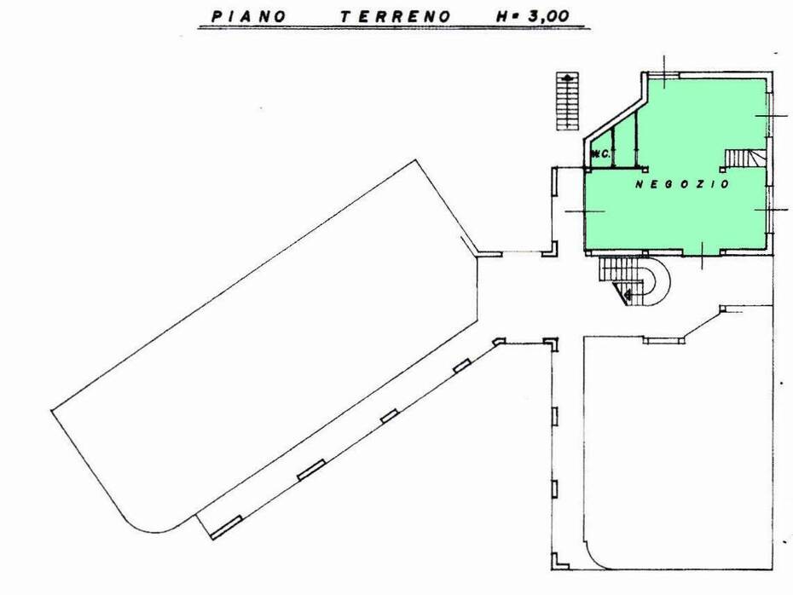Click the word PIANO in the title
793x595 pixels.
[248, 16]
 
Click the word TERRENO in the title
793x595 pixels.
[395, 17]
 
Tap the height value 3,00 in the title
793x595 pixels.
[548, 16]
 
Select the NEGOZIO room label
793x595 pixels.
[682, 184]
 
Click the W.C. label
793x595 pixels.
[599, 153]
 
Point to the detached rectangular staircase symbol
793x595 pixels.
[567, 101]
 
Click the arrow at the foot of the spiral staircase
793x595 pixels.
[628, 294]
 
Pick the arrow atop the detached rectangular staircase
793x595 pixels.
[567, 78]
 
